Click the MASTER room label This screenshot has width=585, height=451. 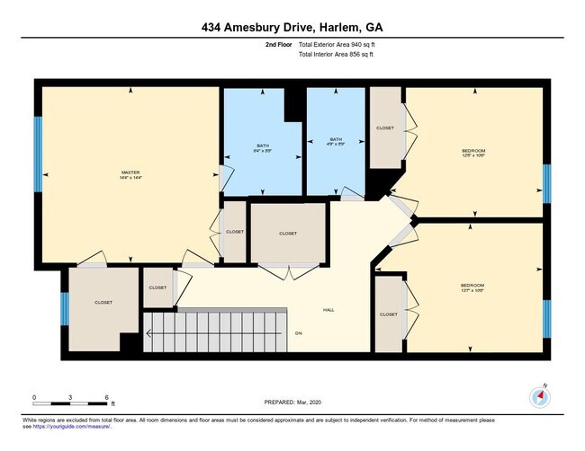(x=130, y=172)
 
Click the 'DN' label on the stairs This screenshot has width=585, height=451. (x=299, y=333)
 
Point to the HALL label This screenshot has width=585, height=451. (x=328, y=310)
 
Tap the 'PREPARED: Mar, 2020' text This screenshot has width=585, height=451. (x=292, y=402)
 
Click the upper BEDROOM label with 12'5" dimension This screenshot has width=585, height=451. (x=473, y=151)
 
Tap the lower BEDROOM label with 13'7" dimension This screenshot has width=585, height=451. (x=472, y=287)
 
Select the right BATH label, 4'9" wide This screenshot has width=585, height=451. (x=336, y=140)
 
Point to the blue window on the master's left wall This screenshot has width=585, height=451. (x=38, y=155)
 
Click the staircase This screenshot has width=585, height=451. (x=216, y=332)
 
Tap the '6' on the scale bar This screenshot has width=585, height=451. (x=107, y=396)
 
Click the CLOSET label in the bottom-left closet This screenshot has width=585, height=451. (x=103, y=303)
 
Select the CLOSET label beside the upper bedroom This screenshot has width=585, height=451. (x=384, y=128)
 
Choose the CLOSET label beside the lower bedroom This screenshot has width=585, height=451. (x=388, y=314)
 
